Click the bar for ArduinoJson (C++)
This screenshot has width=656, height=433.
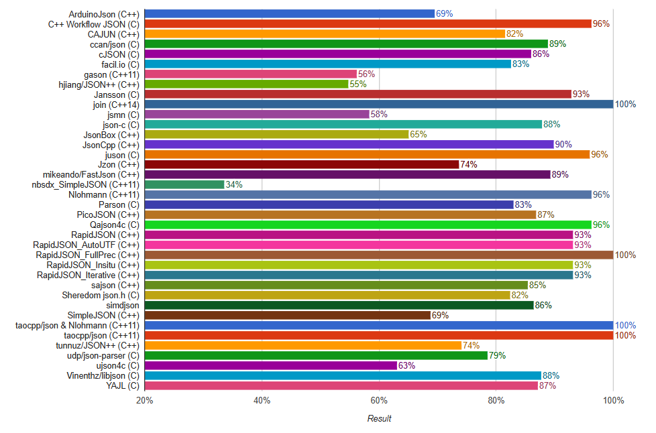[289, 13]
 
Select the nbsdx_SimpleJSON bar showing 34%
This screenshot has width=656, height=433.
[184, 184]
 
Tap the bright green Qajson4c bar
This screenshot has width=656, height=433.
[368, 225]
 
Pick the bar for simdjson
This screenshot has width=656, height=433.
[339, 305]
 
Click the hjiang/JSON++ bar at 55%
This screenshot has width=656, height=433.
[246, 84]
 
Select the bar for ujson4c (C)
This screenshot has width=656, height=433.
[270, 365]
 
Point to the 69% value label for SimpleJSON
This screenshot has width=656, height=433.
[440, 315]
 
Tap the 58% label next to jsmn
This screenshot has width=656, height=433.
[379, 114]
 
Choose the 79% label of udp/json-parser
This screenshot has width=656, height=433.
[497, 355]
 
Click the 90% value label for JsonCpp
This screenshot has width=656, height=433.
[563, 144]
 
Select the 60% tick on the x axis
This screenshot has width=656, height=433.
[379, 401]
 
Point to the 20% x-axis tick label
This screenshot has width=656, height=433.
[144, 401]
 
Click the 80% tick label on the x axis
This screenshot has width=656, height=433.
[496, 401]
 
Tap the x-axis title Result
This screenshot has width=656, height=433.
[379, 419]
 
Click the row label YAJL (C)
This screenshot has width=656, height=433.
[122, 385]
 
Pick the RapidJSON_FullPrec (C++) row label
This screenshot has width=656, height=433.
[87, 255]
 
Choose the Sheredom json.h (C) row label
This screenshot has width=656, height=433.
[101, 295]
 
